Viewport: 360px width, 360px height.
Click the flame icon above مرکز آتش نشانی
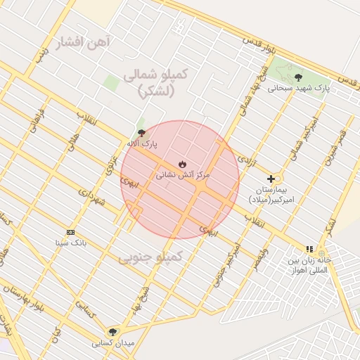pyautogui.click(x=182, y=164)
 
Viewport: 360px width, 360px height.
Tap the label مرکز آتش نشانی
pyautogui.click(x=182, y=174)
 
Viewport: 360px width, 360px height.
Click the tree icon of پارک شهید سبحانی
pyautogui.click(x=298, y=77)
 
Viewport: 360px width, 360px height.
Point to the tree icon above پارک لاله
pyautogui.click(x=142, y=132)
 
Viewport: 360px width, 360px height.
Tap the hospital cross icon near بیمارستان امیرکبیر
pyautogui.click(x=271, y=179)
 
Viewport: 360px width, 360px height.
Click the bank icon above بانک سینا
pyautogui.click(x=70, y=232)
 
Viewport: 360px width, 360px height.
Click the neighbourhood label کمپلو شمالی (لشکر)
pyautogui.click(x=156, y=82)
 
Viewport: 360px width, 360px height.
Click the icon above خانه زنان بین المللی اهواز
pyautogui.click(x=309, y=249)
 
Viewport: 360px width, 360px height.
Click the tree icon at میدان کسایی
pyautogui.click(x=112, y=332)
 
